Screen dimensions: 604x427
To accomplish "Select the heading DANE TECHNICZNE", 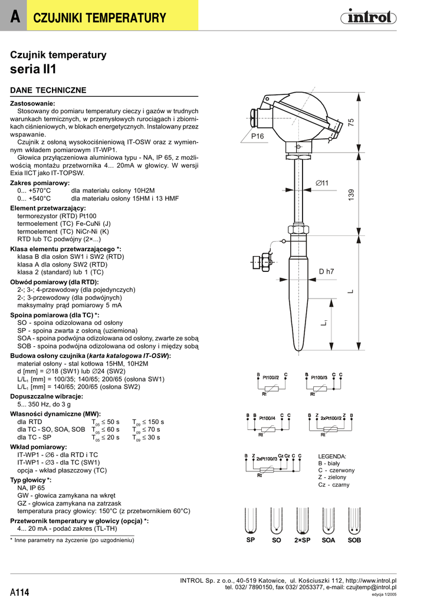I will point(48,90).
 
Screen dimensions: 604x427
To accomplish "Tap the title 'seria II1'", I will point(34,69).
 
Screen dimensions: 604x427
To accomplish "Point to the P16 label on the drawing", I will point(258,136).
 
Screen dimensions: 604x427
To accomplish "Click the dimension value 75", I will point(351,122).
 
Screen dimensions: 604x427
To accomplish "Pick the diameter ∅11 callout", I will point(321,183).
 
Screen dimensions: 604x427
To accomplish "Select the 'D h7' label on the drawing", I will point(326,271).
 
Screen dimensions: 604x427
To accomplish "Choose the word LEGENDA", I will point(332,457).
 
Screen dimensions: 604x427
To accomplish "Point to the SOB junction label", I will point(354,540).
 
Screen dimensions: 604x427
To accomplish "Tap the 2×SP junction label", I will point(302,540).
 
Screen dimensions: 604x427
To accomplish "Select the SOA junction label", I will point(328,540).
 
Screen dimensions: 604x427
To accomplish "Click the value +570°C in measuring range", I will point(34,191).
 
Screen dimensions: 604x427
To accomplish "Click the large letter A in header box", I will point(14,18).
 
